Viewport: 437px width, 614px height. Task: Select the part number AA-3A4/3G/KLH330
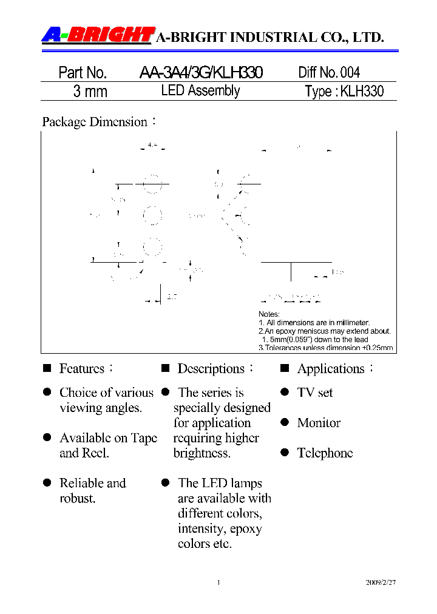pos(201,73)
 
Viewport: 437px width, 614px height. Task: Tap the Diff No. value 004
pos(350,73)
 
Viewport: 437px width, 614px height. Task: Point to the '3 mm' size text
pos(90,92)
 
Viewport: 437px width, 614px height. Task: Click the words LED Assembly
pos(200,91)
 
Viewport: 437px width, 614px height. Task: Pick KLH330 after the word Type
pos(362,92)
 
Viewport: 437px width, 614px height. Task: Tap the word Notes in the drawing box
pos(269,314)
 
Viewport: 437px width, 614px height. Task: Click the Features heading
pos(81,369)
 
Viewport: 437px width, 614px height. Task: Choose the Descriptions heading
pos(211,369)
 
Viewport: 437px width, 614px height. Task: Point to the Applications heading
pos(331,369)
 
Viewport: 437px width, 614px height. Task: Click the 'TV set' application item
pos(315,393)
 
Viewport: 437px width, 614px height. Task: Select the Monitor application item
pos(319,423)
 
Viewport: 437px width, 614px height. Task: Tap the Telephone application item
pos(325,453)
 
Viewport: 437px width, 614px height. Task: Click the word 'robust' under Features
pos(77,499)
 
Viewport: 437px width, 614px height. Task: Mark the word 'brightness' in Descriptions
pos(202,453)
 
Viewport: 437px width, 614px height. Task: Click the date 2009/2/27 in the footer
pos(381,582)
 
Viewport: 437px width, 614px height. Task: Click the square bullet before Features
pos(47,368)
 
